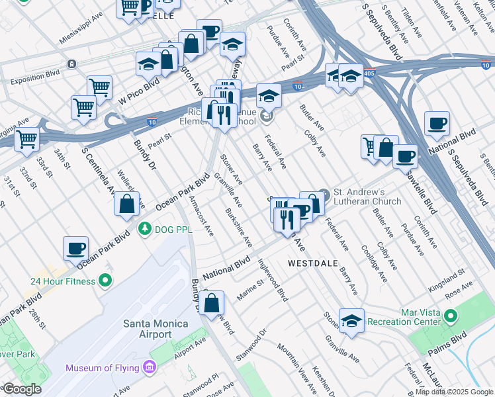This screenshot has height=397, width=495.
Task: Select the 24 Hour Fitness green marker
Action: tap(105, 281)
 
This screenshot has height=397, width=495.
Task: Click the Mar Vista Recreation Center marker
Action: tap(451, 316)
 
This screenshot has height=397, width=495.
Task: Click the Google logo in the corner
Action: tap(21, 389)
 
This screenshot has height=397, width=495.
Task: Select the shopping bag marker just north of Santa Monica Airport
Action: tap(212, 304)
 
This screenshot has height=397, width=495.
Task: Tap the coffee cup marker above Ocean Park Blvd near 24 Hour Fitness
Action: tap(75, 248)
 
